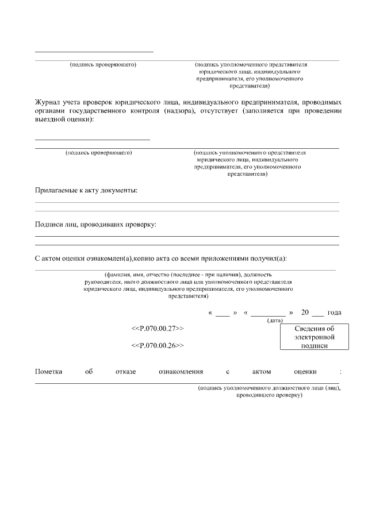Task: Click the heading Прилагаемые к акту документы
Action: (86, 190)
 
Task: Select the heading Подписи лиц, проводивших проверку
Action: (95, 224)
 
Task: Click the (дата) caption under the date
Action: (274, 320)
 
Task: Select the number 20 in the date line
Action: (306, 313)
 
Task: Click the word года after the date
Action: (334, 313)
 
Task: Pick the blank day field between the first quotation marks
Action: (223, 313)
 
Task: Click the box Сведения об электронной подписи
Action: (314, 337)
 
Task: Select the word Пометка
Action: (49, 372)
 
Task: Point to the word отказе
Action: (125, 372)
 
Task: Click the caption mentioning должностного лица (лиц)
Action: (269, 392)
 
